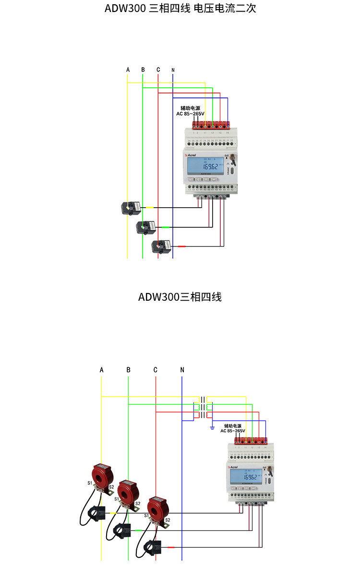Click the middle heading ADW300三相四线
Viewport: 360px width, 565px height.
[x=180, y=297]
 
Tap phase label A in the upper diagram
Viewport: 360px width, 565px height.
[x=128, y=70]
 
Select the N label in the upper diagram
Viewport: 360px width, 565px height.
[x=173, y=70]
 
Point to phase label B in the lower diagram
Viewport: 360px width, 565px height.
[x=128, y=370]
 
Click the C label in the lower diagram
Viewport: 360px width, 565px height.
[x=155, y=370]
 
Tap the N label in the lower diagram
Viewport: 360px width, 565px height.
[x=182, y=370]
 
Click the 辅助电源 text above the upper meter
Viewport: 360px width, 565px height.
[x=190, y=108]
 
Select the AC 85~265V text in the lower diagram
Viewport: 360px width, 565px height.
[x=233, y=431]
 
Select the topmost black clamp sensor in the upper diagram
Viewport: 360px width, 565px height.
[x=131, y=207]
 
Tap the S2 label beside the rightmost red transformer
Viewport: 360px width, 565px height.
[x=168, y=519]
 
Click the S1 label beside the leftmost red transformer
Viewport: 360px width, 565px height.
[x=90, y=483]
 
